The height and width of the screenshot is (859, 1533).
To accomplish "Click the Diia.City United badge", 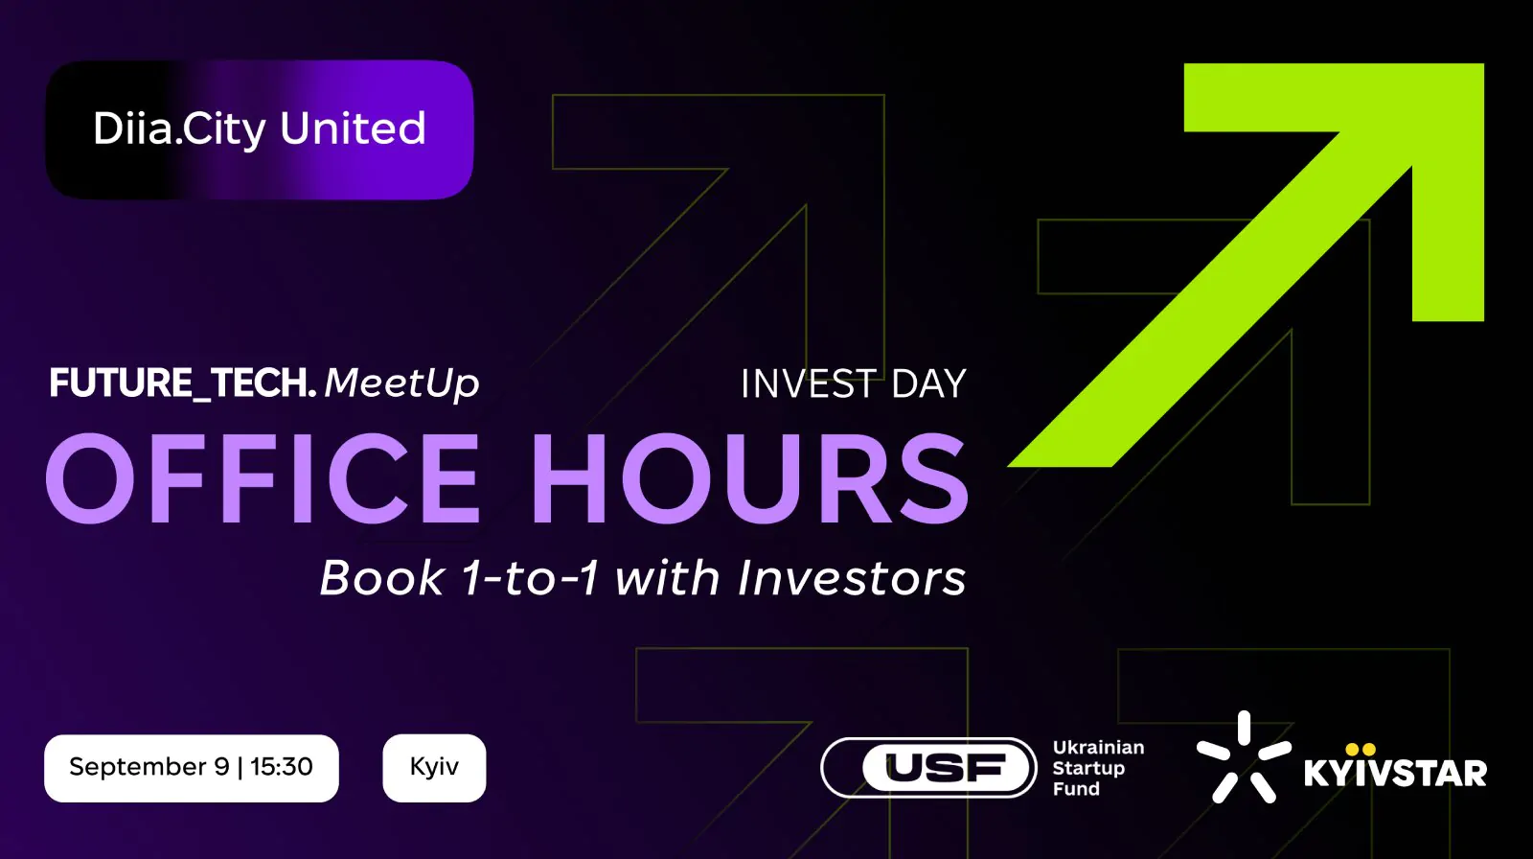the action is coord(260,130).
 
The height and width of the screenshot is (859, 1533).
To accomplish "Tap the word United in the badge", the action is coord(354,128).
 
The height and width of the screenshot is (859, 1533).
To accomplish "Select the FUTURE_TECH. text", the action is coord(183,383).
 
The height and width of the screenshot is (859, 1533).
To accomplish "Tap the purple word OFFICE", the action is coord(263,478).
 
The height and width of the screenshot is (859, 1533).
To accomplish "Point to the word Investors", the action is coord(852,578).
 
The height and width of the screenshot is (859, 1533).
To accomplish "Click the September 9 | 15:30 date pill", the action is coord(192,768).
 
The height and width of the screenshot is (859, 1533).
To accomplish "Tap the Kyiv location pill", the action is coord(435,768).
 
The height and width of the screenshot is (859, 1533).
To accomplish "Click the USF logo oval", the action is coord(928,768).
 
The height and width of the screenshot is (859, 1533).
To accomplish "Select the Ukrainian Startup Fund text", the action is coord(1098,768).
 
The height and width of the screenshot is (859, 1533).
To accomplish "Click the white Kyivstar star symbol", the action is coord(1244,757).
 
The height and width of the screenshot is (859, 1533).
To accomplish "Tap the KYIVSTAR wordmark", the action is coord(1395,774).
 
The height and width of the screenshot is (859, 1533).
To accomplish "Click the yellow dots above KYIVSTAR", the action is coord(1361,750).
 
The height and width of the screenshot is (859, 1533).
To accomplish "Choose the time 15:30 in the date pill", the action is coord(282,767).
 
